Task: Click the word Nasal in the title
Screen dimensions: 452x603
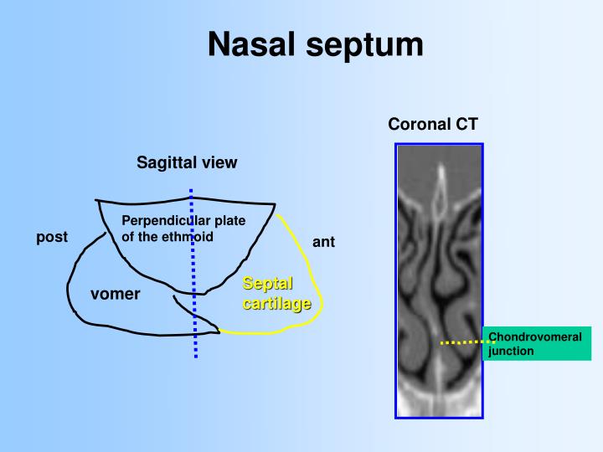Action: point(250,44)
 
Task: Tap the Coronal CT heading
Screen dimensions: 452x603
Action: point(433,124)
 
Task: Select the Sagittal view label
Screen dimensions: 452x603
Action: point(187,162)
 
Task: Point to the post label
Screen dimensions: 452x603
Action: point(51,237)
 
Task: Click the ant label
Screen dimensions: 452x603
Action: point(324,242)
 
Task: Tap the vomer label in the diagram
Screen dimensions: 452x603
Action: point(116,294)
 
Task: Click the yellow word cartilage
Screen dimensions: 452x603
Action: point(276,303)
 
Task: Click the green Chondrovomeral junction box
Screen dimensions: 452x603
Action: point(537,343)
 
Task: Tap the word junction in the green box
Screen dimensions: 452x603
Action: point(511,351)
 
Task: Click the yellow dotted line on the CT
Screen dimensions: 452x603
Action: point(465,342)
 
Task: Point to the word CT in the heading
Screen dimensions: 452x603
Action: point(466,124)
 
